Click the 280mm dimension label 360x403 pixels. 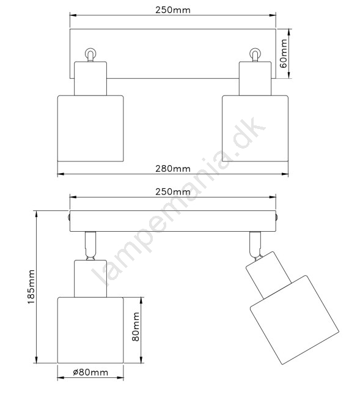pyautogui.click(x=173, y=169)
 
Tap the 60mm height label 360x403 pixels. pyautogui.click(x=284, y=53)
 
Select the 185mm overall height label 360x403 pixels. pyautogui.click(x=31, y=287)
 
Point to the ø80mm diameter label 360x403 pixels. pyautogui.click(x=90, y=372)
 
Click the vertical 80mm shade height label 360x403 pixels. pyautogui.click(x=136, y=327)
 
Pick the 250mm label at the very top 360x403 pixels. pyautogui.click(x=173, y=10)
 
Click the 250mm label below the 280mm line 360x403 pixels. pyautogui.click(x=173, y=192)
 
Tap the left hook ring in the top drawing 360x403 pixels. pyautogui.click(x=90, y=53)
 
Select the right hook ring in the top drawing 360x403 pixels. pyautogui.click(x=255, y=53)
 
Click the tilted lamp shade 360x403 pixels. pyautogui.click(x=295, y=320)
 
